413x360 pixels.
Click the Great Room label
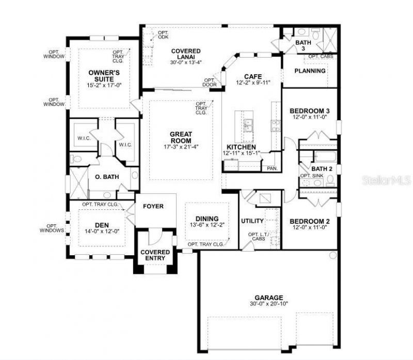181,137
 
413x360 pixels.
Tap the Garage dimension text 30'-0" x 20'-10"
269,304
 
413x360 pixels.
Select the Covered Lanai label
186,54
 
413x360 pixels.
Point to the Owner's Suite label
104,76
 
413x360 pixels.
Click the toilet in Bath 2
330,181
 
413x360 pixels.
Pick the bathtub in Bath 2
326,157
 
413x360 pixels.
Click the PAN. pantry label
272,169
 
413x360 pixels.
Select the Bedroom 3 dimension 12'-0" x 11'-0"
310,117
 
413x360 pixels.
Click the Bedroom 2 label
310,221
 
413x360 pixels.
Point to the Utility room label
252,221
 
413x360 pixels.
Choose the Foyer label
153,206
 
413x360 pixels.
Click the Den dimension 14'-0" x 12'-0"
102,231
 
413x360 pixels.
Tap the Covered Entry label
155,255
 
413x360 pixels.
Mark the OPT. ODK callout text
163,35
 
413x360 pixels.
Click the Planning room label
310,71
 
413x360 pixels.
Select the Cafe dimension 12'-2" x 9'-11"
253,83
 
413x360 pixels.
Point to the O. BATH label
107,177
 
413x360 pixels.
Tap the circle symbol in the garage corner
333,255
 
